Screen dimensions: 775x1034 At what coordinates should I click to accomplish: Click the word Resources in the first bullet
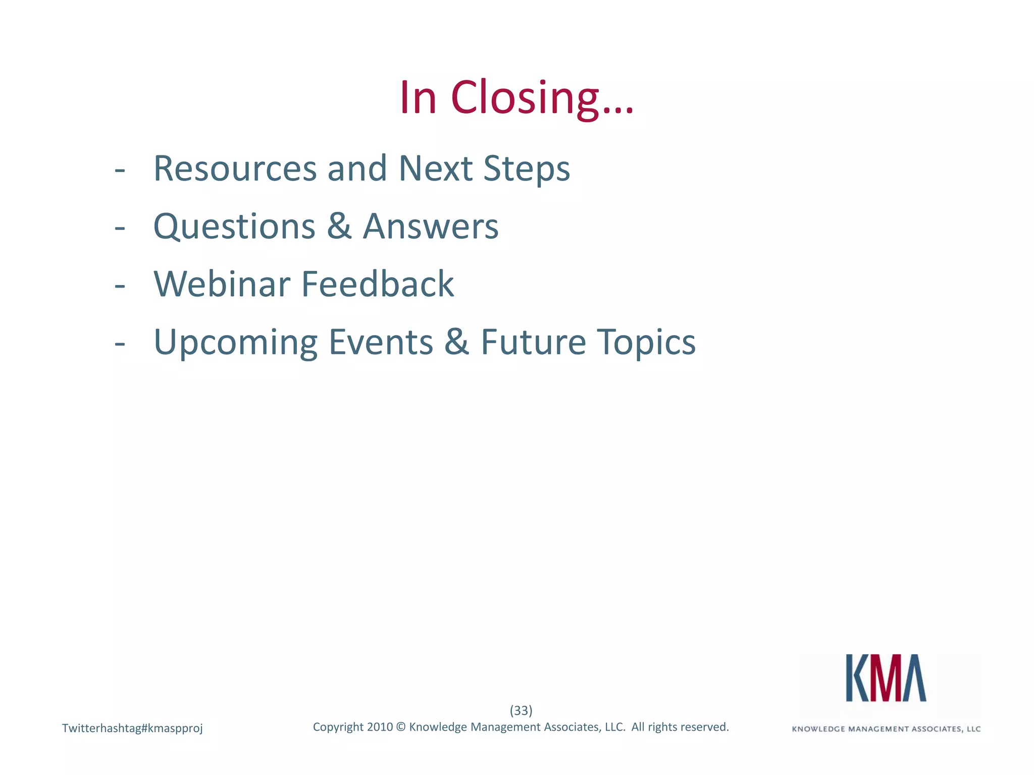coord(235,169)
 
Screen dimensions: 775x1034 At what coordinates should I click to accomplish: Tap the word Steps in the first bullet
coord(527,170)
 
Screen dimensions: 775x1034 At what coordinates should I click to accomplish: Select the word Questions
coord(234,227)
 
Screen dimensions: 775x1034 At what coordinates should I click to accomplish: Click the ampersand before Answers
coord(339,226)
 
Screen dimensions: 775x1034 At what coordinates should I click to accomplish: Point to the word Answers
coord(431,227)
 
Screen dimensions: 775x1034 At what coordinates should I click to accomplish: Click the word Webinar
coord(222,284)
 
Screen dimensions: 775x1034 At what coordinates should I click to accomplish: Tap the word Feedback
coord(377,284)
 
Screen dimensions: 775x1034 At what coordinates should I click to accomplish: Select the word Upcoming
coord(235,343)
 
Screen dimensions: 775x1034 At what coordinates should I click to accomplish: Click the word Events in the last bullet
coord(381,342)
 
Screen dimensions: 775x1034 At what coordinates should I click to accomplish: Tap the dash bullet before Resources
coord(120,171)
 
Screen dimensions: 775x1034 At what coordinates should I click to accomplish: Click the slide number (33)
coord(521,710)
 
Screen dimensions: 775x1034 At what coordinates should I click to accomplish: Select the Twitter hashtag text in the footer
coord(132,728)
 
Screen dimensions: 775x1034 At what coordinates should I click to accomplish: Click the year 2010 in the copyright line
coord(380,727)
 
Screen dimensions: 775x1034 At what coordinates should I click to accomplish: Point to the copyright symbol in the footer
coord(401,727)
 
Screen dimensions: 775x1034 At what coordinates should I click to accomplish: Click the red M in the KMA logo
coord(886,678)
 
